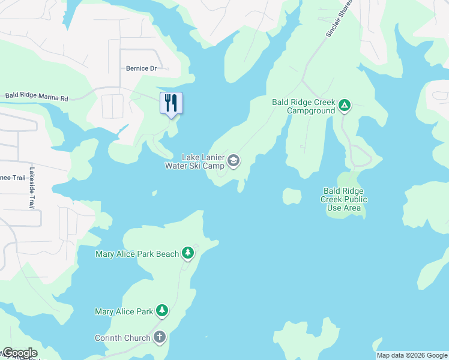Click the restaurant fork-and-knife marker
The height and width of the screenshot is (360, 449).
coord(171,103)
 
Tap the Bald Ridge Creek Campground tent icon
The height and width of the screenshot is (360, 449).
coord(345,106)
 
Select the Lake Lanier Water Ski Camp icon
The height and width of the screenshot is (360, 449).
coord(234,160)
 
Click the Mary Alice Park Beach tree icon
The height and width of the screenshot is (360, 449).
coord(188,253)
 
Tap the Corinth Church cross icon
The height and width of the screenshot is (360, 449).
coord(160,337)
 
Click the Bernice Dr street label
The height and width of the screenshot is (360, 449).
coord(141,68)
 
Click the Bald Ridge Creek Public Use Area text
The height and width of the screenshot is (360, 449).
coord(343,199)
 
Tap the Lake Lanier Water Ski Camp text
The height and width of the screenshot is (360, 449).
coord(194,161)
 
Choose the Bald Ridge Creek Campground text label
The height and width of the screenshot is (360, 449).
coord(301,106)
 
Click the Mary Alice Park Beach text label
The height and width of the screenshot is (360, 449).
coord(137,254)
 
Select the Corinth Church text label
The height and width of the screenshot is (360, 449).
coord(122,338)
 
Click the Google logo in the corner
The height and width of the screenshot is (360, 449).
coord(19,353)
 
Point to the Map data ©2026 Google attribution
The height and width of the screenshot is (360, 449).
coord(412,355)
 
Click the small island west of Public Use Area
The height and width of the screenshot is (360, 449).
coord(292,196)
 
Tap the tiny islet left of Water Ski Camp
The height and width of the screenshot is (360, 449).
coord(154,193)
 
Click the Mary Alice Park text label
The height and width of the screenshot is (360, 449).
coord(124,311)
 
